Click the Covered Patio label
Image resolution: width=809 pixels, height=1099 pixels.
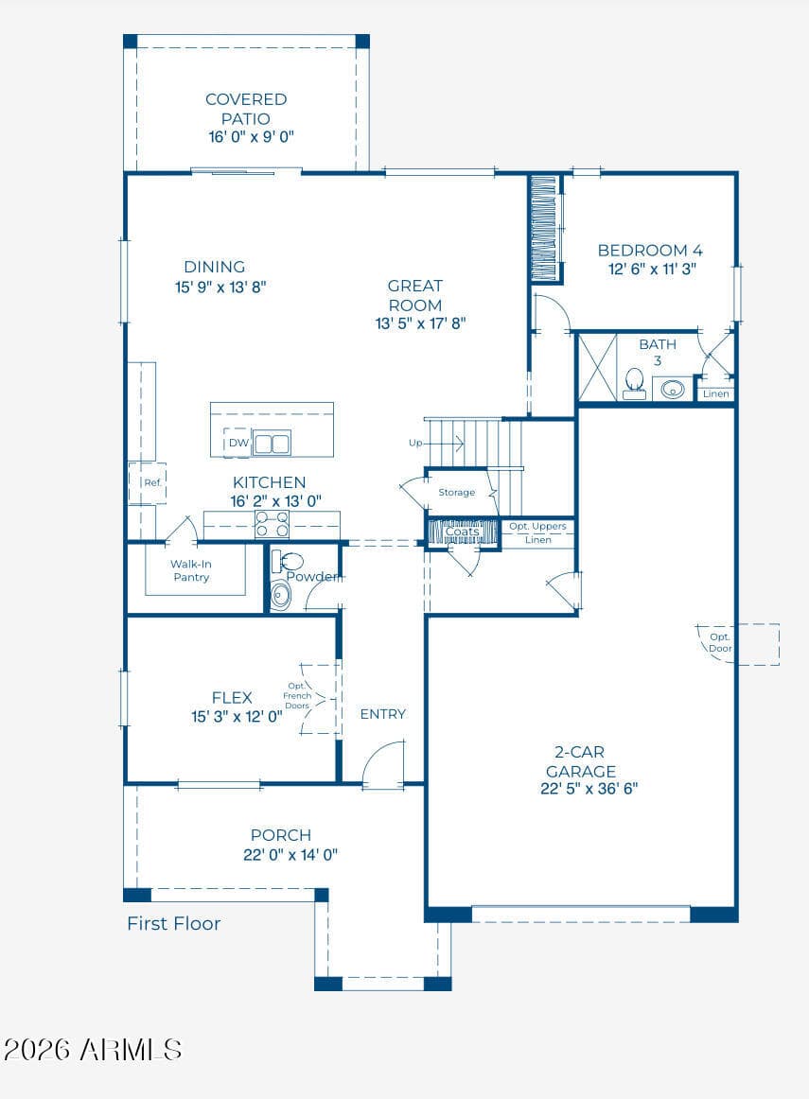tap(246, 109)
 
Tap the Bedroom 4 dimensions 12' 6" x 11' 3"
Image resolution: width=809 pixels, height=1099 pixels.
tap(652, 270)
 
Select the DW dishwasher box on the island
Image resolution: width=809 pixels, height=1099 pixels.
tap(237, 443)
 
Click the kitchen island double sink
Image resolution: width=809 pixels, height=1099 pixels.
tap(272, 444)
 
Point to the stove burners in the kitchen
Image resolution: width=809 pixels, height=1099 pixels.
tap(272, 524)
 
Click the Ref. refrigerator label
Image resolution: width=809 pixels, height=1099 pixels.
tap(152, 483)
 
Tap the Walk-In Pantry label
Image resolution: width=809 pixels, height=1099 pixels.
tap(191, 570)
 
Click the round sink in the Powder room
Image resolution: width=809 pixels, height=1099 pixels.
tap(280, 594)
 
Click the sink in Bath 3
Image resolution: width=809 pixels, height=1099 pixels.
tap(673, 389)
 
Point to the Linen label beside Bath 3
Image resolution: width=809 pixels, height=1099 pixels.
tap(715, 393)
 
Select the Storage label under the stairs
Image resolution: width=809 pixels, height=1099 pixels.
tap(456, 493)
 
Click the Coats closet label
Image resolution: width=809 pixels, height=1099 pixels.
tap(463, 532)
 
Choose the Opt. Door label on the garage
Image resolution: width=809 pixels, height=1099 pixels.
tap(720, 643)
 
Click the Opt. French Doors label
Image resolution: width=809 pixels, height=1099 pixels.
tap(297, 696)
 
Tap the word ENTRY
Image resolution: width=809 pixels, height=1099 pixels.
tap(383, 714)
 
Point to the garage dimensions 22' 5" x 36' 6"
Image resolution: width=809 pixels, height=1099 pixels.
tap(589, 789)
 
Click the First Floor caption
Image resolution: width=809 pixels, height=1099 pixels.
tap(174, 924)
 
